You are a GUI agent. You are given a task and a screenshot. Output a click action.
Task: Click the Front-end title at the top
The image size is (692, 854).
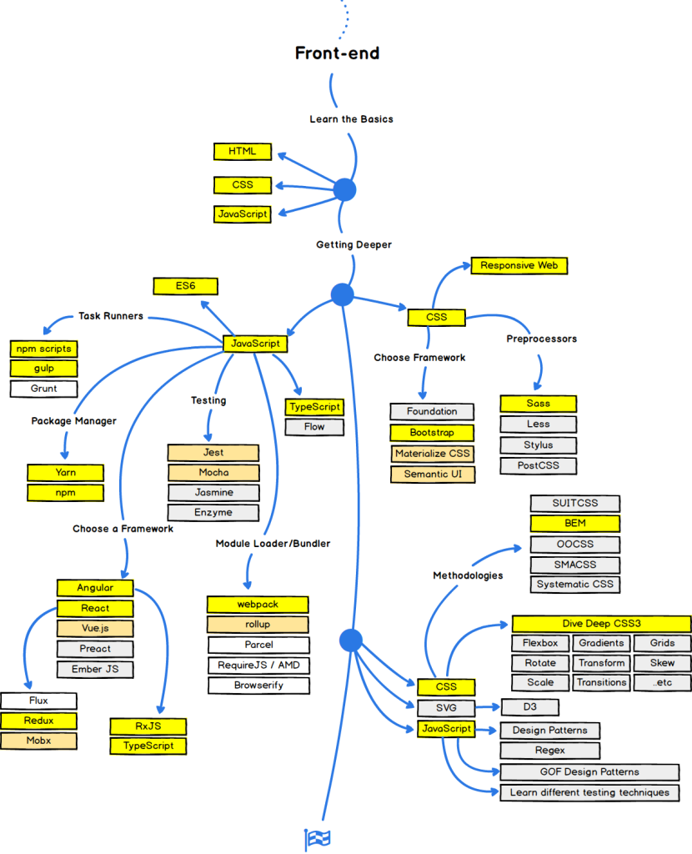tap(337, 53)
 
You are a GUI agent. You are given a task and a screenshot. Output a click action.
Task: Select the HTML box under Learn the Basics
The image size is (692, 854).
tap(242, 152)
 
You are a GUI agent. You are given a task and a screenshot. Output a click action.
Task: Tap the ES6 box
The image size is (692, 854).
tap(185, 286)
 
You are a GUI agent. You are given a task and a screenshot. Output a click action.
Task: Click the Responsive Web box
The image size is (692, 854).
tap(519, 266)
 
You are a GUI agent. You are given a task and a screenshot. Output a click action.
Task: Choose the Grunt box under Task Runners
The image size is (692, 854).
tap(44, 389)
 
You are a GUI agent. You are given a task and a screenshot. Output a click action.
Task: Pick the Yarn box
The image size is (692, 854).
tap(66, 473)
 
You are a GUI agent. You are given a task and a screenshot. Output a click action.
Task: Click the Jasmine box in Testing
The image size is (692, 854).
tap(213, 492)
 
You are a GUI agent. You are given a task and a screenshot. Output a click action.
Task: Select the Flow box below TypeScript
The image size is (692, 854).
tap(313, 427)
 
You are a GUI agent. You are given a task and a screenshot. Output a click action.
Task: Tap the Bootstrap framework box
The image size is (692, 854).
tap(432, 433)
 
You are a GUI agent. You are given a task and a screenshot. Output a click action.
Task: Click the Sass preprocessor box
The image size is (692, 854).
tap(539, 404)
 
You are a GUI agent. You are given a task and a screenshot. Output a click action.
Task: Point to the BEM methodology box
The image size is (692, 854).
tap(575, 524)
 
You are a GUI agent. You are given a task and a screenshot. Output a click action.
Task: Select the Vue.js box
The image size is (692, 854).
tap(95, 629)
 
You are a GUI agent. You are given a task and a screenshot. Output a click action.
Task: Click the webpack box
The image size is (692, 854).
tap(258, 605)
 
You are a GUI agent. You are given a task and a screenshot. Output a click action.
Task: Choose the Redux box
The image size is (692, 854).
tap(39, 721)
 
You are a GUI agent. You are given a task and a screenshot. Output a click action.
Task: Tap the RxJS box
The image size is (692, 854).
tap(148, 726)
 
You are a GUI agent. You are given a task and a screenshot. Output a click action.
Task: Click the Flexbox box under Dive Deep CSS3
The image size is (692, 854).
tap(540, 643)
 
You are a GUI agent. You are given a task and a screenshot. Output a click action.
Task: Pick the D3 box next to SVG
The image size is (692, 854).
tap(529, 708)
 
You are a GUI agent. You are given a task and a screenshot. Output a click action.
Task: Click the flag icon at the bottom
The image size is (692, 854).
tap(318, 839)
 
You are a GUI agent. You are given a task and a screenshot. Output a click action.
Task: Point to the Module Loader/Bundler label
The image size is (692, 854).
tap(273, 544)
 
